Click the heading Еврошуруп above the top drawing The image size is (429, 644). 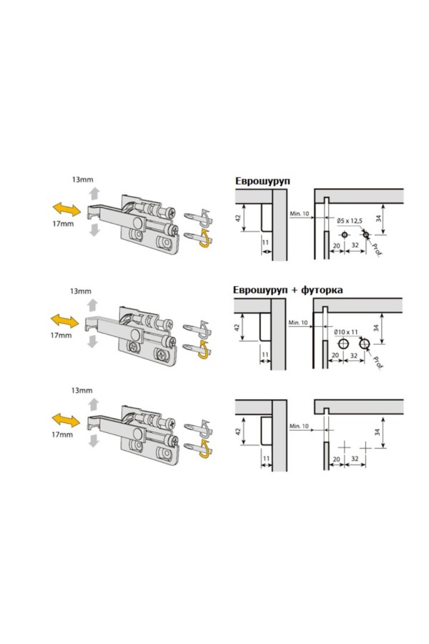tap(262, 181)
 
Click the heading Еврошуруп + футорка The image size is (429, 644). tap(287, 290)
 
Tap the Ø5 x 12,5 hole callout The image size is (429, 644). tap(350, 221)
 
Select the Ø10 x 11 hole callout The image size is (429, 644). tap(345, 331)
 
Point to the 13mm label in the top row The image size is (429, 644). tap(82, 180)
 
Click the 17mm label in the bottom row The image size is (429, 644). tap(62, 434)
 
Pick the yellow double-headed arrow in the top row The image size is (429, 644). tap(67, 209)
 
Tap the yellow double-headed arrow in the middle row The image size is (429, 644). tap(64, 321)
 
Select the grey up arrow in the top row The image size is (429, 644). tap(95, 193)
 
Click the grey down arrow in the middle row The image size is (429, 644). tap(92, 341)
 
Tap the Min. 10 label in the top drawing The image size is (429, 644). tap(300, 213)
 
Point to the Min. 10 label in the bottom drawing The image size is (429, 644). tap(299, 426)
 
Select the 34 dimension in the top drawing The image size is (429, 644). tap(378, 218)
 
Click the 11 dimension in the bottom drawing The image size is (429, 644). tap(266, 459)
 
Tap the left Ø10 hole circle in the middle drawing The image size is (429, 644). tap(343, 343)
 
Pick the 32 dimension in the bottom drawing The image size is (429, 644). tap(355, 459)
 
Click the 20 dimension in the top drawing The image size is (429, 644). tap(337, 245)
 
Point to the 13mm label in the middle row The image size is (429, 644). tap(81, 291)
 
